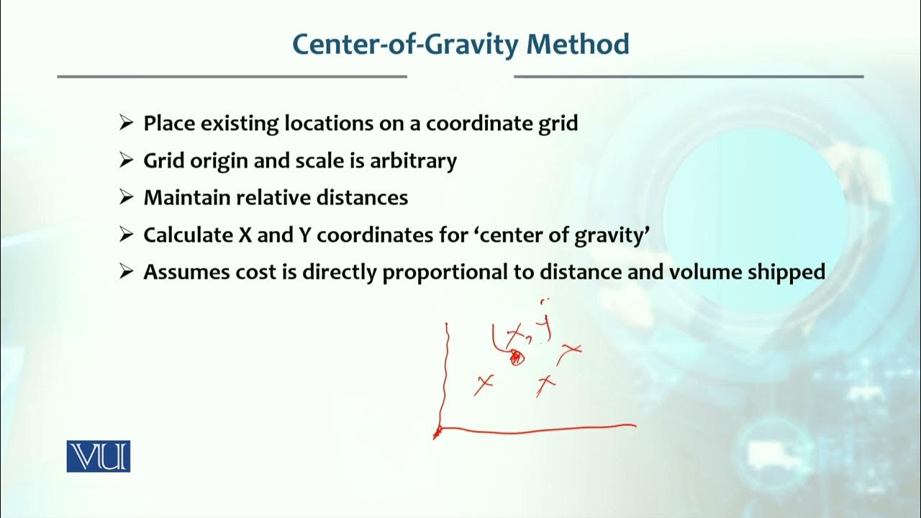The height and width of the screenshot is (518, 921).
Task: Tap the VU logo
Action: [x=99, y=456]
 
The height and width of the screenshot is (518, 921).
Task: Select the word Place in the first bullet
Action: [x=169, y=123]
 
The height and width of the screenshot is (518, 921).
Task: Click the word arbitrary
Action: [x=413, y=160]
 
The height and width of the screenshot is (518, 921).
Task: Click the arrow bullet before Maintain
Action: [x=127, y=198]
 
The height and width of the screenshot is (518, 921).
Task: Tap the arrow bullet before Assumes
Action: [x=127, y=273]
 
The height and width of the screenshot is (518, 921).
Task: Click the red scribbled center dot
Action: [x=515, y=357]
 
